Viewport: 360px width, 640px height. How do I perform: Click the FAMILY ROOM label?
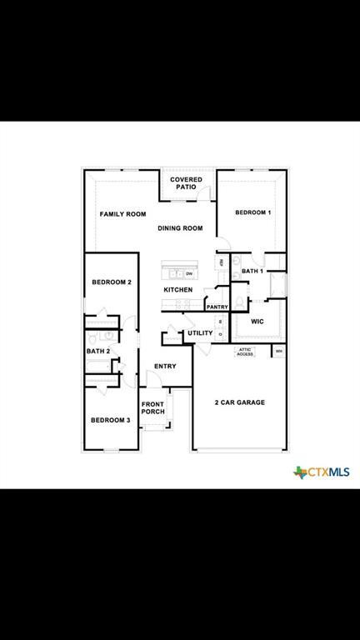click(x=122, y=214)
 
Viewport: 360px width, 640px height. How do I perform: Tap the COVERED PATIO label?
click(x=185, y=183)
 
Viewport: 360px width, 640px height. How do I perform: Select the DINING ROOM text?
click(x=180, y=228)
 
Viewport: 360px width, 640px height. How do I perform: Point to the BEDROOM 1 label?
click(x=252, y=213)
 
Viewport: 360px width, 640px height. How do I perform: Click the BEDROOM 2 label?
click(x=112, y=282)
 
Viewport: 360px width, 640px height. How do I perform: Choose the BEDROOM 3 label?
click(x=110, y=420)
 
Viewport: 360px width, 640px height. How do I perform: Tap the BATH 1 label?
click(x=252, y=272)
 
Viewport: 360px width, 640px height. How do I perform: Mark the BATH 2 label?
click(x=98, y=352)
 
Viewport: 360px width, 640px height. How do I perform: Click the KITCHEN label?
click(x=177, y=290)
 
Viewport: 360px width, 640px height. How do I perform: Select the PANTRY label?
click(x=217, y=307)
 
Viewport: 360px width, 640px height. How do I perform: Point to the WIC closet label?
click(x=257, y=321)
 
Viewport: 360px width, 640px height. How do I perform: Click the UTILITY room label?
click(x=200, y=333)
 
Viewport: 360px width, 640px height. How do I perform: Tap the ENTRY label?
click(x=165, y=367)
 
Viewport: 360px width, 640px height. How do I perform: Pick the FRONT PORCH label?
click(x=152, y=408)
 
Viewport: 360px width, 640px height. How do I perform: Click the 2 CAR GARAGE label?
click(x=240, y=402)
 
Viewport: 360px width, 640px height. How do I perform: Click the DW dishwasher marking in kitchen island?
click(x=189, y=273)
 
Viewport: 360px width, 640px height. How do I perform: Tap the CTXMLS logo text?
click(x=326, y=472)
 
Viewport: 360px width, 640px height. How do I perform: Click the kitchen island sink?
click(x=175, y=273)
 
